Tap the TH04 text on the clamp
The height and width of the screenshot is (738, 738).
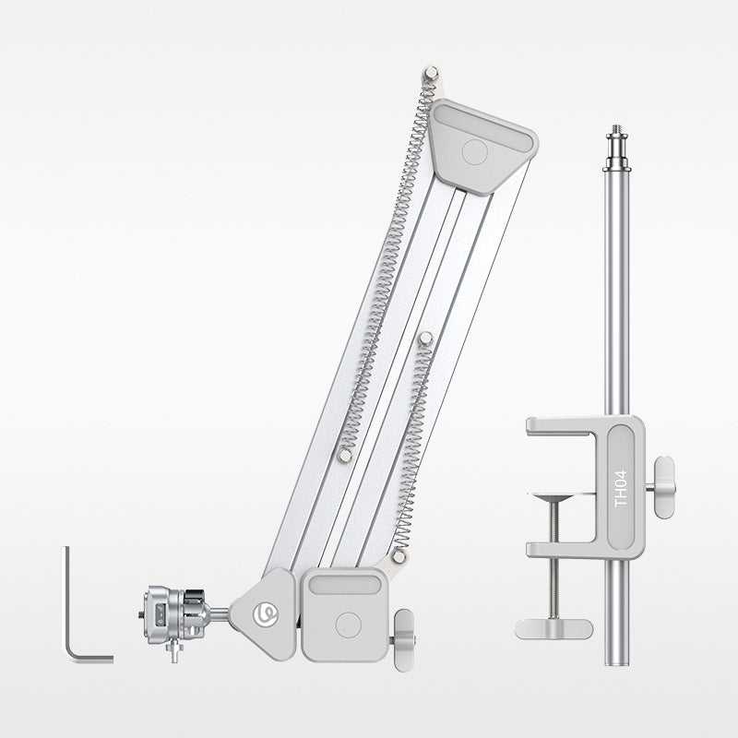621,489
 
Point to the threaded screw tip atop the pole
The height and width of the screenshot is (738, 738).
616,129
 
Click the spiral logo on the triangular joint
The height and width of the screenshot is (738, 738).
266,615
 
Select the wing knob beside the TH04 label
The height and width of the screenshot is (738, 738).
663,487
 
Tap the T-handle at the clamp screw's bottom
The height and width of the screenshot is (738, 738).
553,629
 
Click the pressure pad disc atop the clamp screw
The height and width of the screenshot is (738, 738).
554,496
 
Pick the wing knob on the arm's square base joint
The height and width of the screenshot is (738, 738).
404,640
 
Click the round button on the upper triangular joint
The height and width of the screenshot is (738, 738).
474,152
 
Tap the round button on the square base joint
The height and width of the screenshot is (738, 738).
349,625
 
